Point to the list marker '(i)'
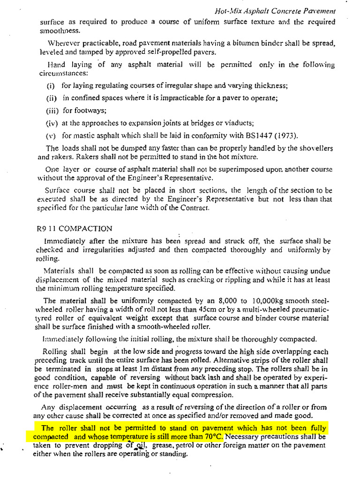pyautogui.click(x=51, y=86)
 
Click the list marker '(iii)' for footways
pyautogui.click(x=52, y=111)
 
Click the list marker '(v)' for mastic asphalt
pyautogui.click(x=51, y=136)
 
